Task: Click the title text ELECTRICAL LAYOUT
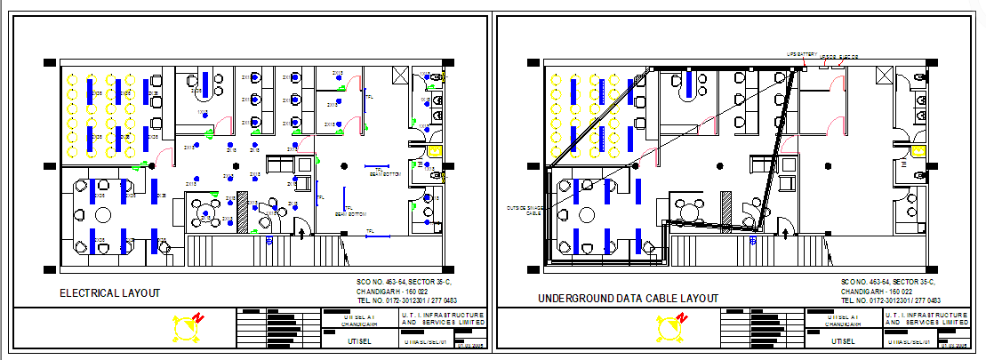[109, 292]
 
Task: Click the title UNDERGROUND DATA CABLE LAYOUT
[628, 299]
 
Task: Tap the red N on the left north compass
[200, 317]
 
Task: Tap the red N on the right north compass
[682, 317]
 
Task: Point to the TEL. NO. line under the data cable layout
[889, 300]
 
